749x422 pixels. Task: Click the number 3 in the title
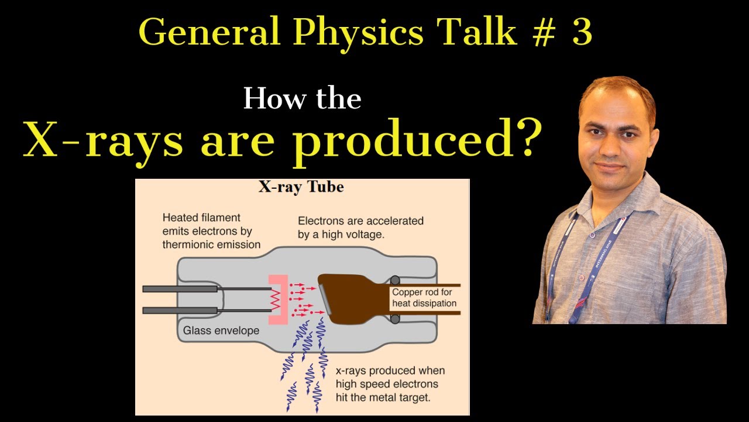click(x=582, y=33)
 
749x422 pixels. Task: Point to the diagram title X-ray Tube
click(x=301, y=188)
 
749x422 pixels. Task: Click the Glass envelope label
click(x=221, y=331)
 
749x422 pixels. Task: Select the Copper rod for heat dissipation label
click(x=424, y=298)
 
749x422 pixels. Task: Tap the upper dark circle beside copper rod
click(x=395, y=281)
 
